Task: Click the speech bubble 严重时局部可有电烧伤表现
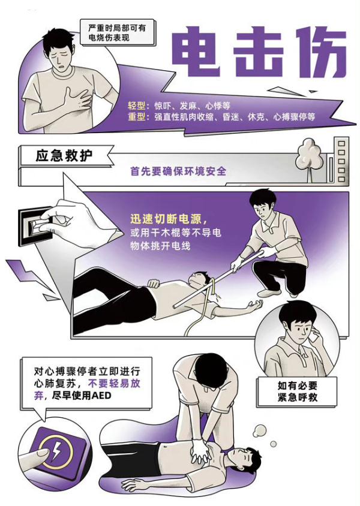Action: (x=112, y=32)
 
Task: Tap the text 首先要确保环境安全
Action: (x=179, y=171)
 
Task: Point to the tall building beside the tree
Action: (x=341, y=160)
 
